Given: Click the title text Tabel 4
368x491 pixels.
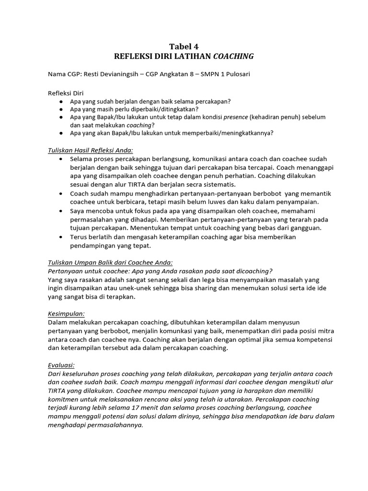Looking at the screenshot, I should [184, 46].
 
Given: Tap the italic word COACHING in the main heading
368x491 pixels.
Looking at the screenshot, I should [233, 57].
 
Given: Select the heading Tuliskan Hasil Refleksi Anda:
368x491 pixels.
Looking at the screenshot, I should [91, 150].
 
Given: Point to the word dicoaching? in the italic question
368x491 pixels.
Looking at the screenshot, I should [254, 271].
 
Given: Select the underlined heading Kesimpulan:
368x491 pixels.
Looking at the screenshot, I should [66, 314].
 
